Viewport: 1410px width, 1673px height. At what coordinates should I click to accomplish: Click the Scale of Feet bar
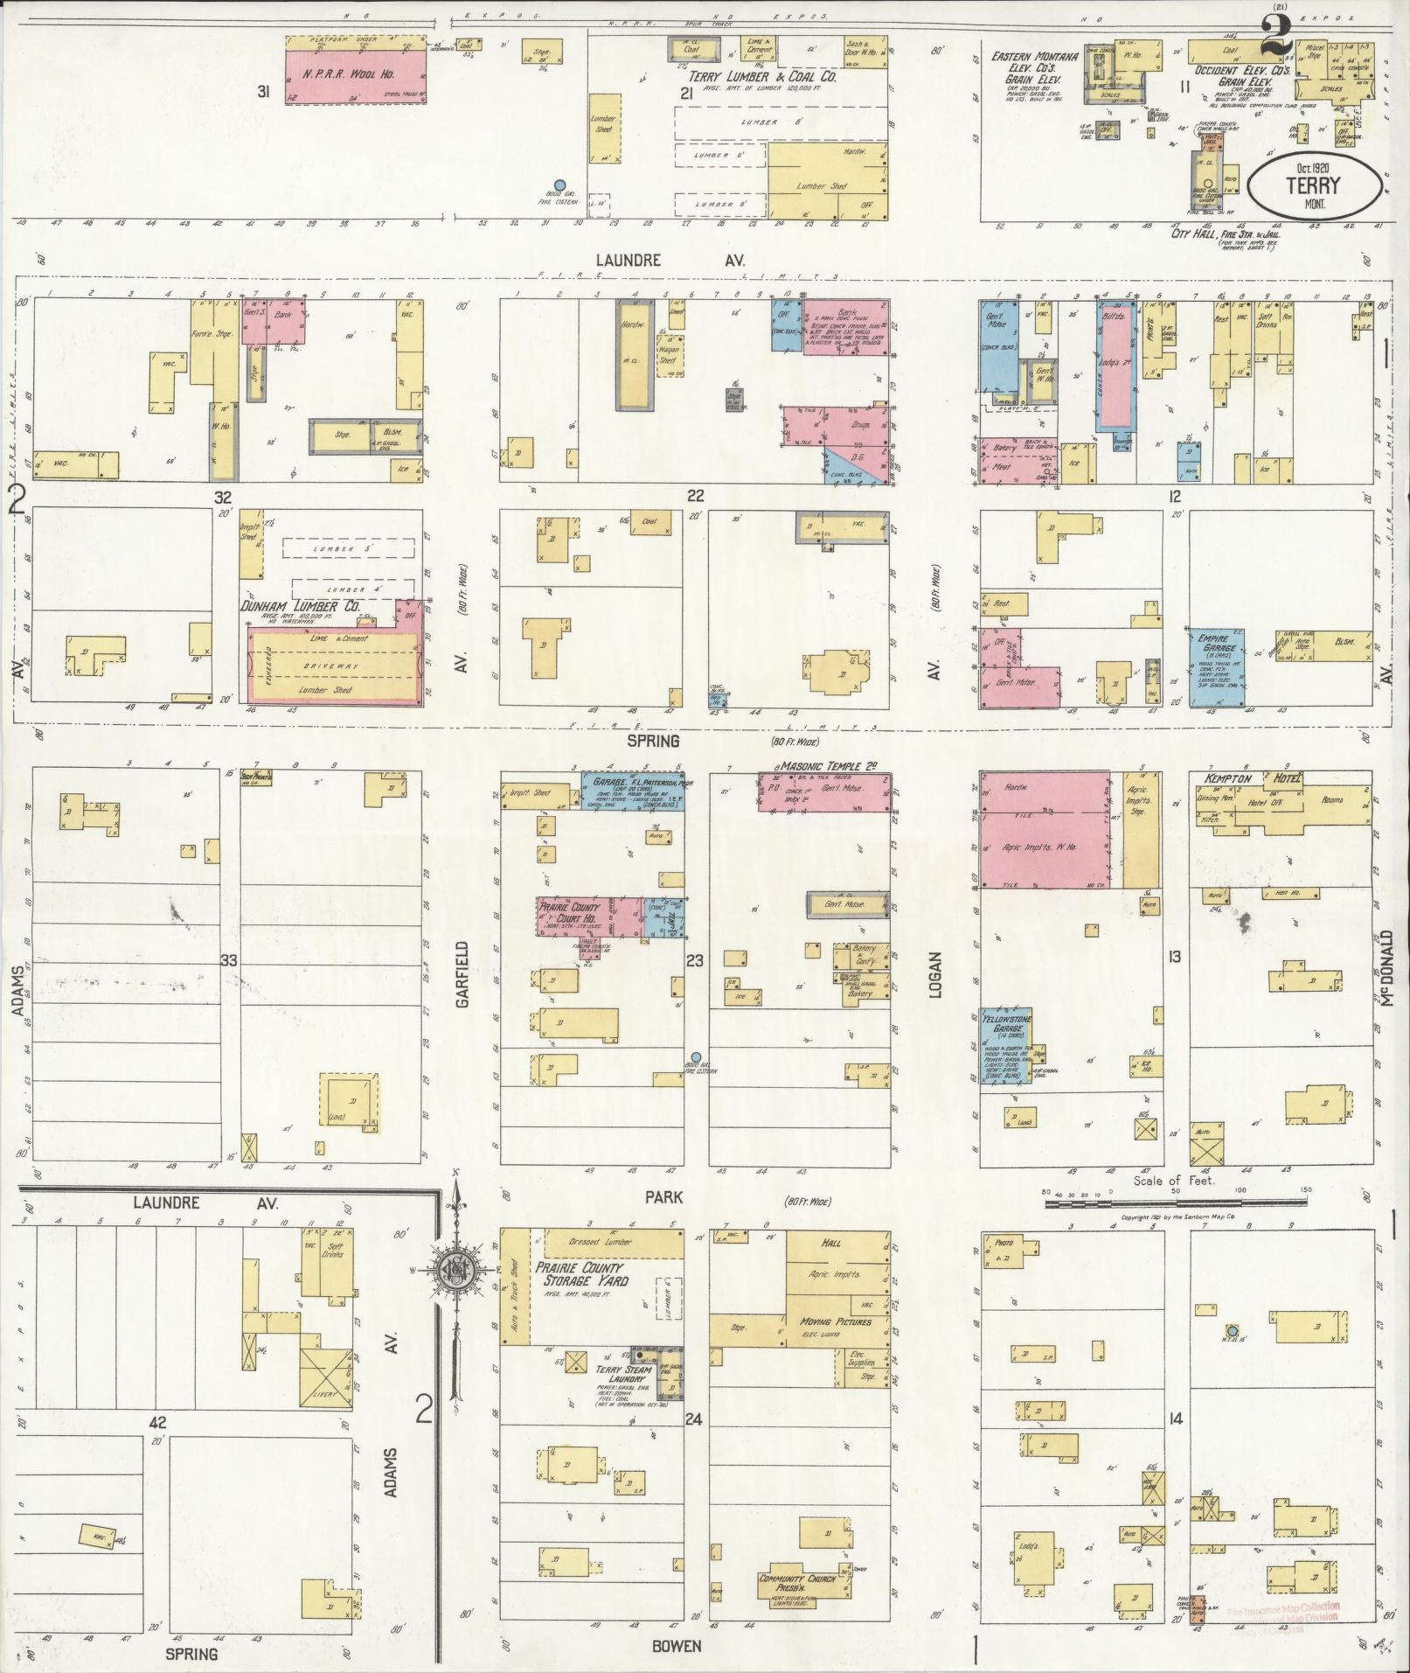[1177, 1203]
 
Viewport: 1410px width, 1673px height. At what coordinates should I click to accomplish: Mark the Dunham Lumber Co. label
[301, 605]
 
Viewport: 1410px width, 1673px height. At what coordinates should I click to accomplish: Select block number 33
[229, 960]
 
